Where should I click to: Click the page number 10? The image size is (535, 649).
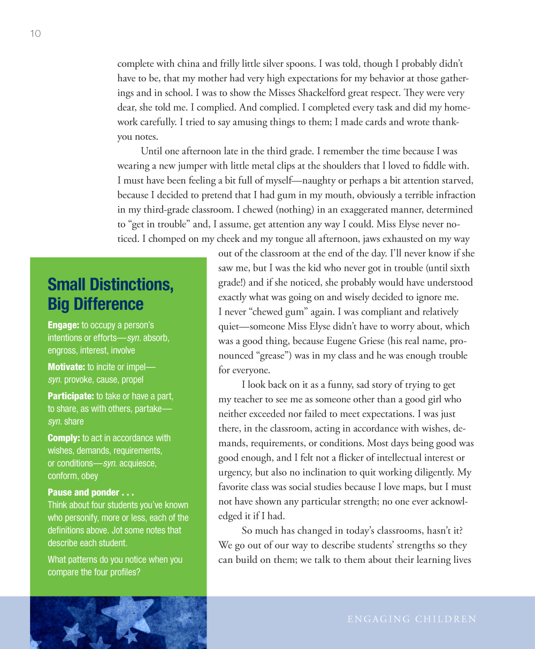pyautogui.click(x=35, y=34)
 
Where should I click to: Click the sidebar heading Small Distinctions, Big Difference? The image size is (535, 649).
pyautogui.click(x=110, y=294)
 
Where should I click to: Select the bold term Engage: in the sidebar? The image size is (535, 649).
pyautogui.click(x=63, y=325)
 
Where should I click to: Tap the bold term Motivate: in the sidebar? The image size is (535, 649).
pyautogui.click(x=66, y=367)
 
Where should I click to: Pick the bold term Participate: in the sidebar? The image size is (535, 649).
pyautogui.click(x=71, y=396)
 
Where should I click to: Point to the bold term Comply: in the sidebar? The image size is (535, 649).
pyautogui.click(x=64, y=438)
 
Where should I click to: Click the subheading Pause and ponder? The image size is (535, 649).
pyautogui.click(x=90, y=492)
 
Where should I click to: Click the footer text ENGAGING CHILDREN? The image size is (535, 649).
pyautogui.click(x=411, y=620)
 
